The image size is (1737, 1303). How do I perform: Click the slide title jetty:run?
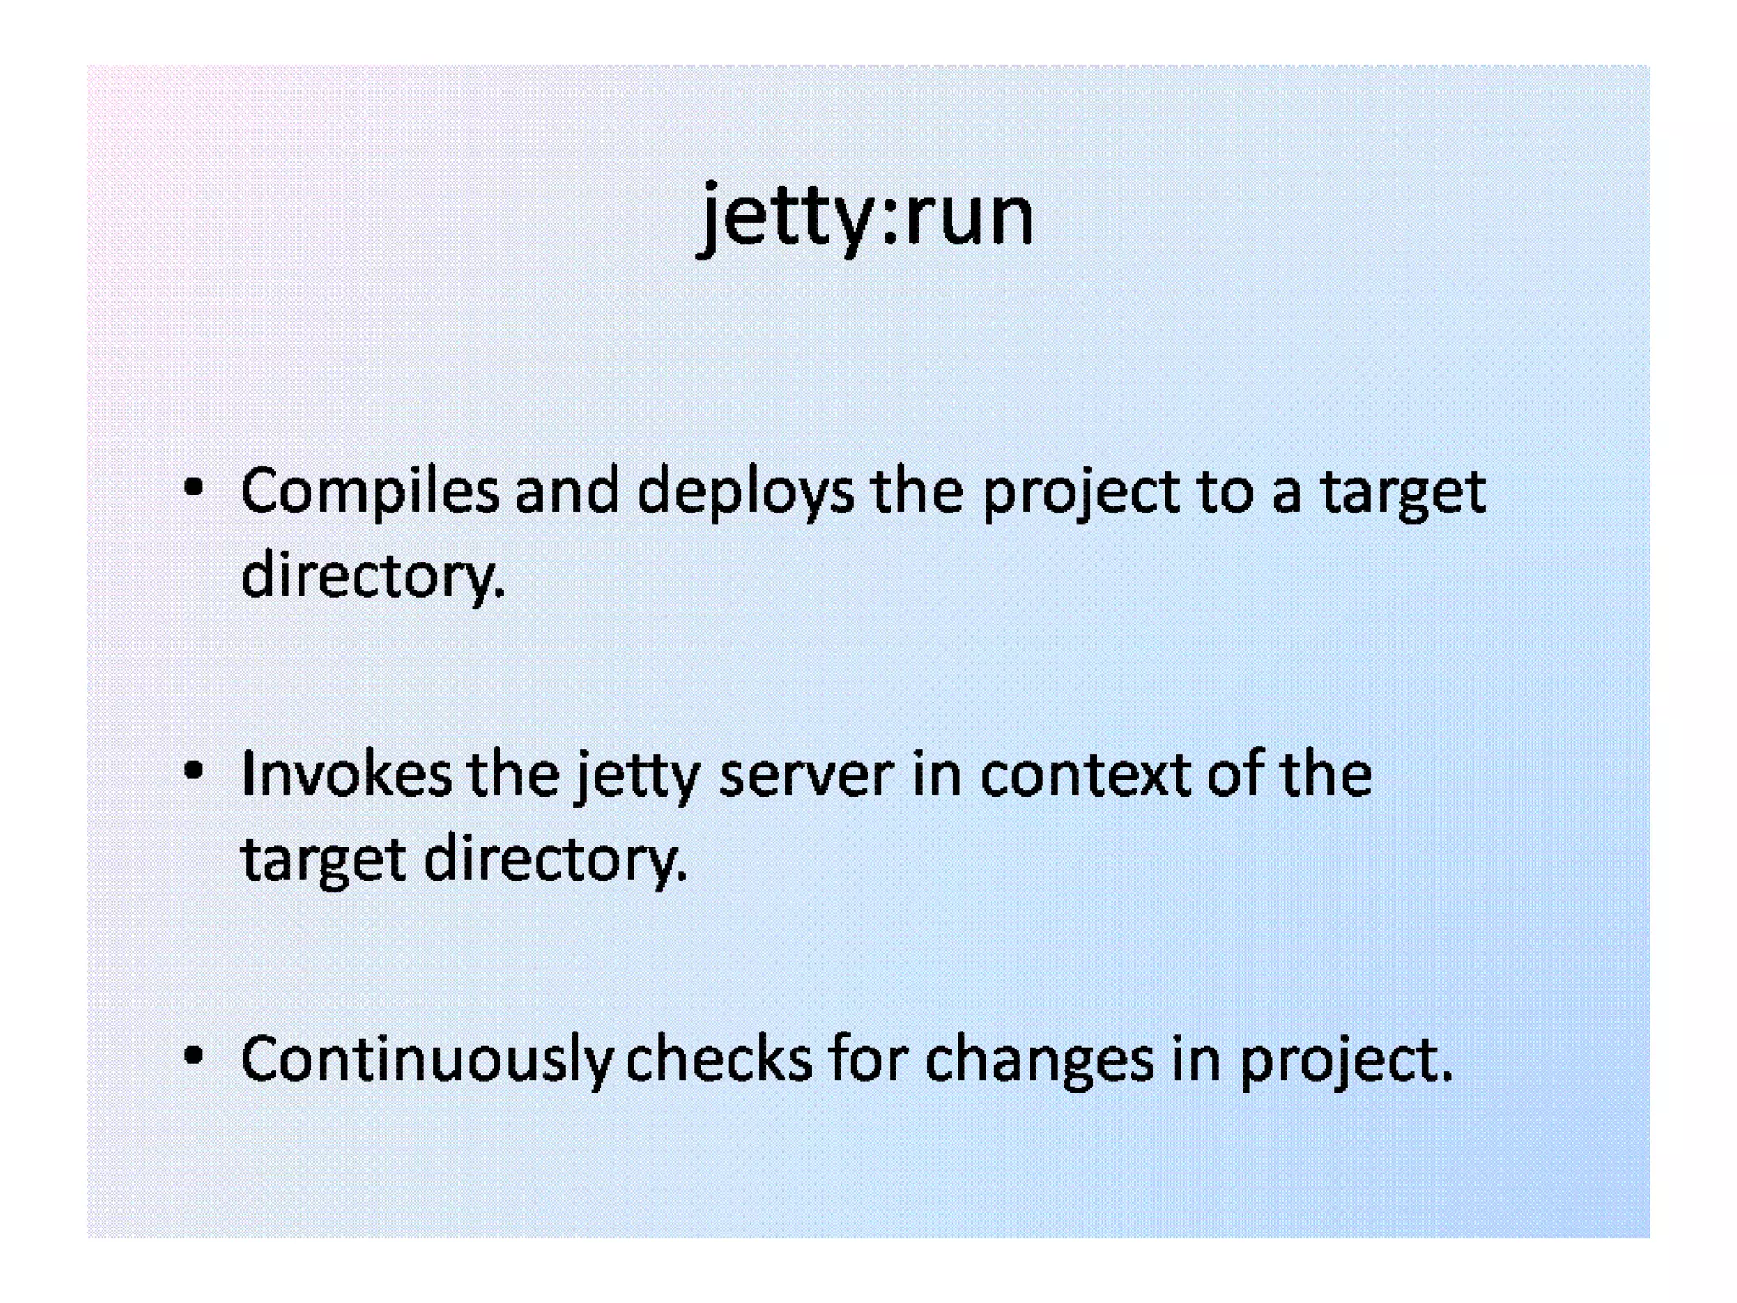[866, 216]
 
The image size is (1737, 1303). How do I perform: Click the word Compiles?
[370, 490]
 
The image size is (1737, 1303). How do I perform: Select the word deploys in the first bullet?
[746, 492]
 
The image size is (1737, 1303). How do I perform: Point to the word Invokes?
[346, 774]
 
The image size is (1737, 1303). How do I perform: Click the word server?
[806, 775]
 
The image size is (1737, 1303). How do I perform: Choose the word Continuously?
[427, 1059]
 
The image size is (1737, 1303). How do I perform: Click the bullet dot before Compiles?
[194, 488]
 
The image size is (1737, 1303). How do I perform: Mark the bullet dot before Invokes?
[194, 771]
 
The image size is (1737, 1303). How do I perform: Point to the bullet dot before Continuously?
[194, 1055]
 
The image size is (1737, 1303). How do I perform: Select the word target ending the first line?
[1403, 492]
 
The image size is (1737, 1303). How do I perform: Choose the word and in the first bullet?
[567, 490]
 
